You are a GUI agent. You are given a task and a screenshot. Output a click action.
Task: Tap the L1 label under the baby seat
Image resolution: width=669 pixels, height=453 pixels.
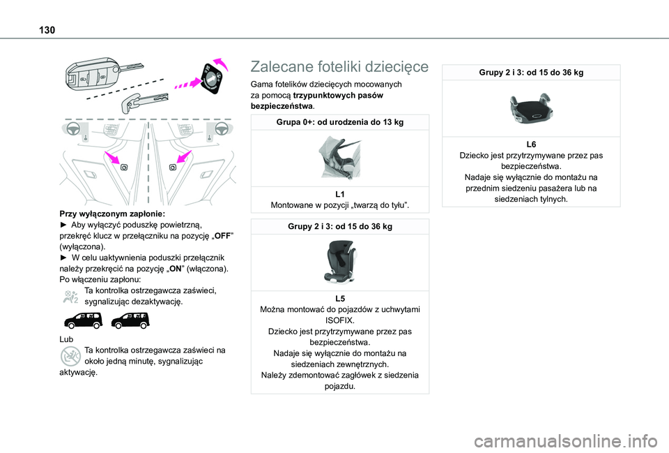339,193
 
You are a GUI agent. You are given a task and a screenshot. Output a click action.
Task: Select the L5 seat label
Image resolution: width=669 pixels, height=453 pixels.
339,298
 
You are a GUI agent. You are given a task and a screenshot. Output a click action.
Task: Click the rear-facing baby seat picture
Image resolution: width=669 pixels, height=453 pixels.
339,158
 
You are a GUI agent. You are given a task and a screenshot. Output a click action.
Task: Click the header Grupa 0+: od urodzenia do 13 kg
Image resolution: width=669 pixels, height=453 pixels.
339,123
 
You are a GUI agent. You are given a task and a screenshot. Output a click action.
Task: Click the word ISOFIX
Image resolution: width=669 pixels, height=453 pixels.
339,319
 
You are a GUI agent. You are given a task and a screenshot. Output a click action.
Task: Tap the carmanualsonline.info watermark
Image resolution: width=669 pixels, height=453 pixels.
580,440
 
